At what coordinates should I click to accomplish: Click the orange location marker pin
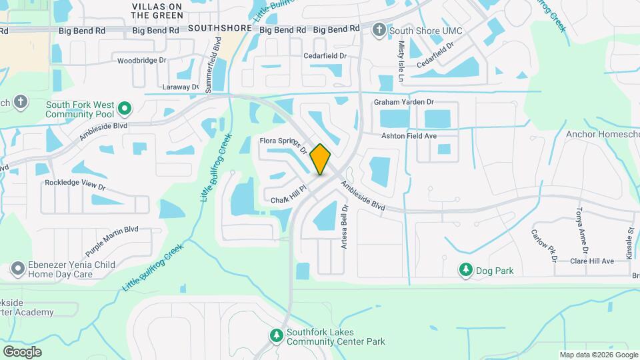tap(321, 159)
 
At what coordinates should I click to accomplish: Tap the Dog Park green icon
tap(465, 270)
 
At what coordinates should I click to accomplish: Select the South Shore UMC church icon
tap(379, 29)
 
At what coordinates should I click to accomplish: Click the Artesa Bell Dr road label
tap(345, 227)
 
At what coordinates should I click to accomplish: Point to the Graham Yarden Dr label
tap(403, 102)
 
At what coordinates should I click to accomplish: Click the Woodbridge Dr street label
tap(141, 61)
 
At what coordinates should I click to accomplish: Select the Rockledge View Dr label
tap(75, 183)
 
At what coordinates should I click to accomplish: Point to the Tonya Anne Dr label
tap(579, 230)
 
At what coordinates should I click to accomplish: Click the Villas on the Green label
tap(157, 11)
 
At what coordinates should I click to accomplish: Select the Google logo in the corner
tap(22, 351)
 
